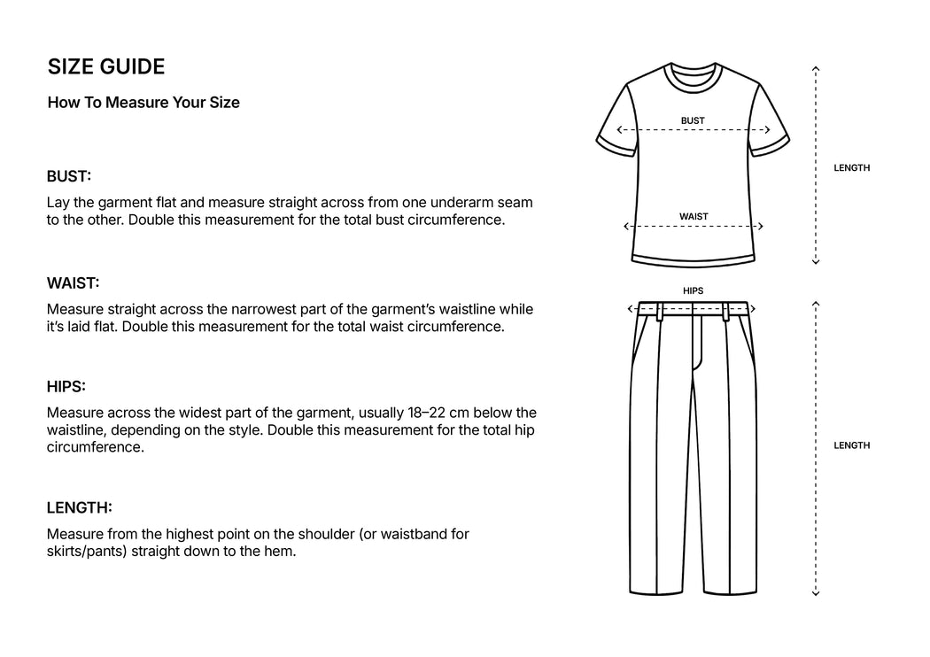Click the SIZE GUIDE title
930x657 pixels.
coord(105,67)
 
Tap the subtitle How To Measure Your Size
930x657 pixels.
coord(143,103)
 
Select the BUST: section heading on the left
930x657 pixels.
coord(69,177)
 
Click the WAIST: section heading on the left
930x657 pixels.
coord(73,283)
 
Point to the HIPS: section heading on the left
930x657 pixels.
coord(66,387)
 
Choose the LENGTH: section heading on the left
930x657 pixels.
coord(79,508)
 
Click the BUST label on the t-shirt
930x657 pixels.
coord(693,120)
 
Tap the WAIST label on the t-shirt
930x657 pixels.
coord(694,217)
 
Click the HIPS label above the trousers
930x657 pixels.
coord(693,290)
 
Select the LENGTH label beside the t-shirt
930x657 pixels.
coord(851,168)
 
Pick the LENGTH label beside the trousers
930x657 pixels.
coord(851,445)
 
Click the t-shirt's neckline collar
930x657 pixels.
coord(694,74)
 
